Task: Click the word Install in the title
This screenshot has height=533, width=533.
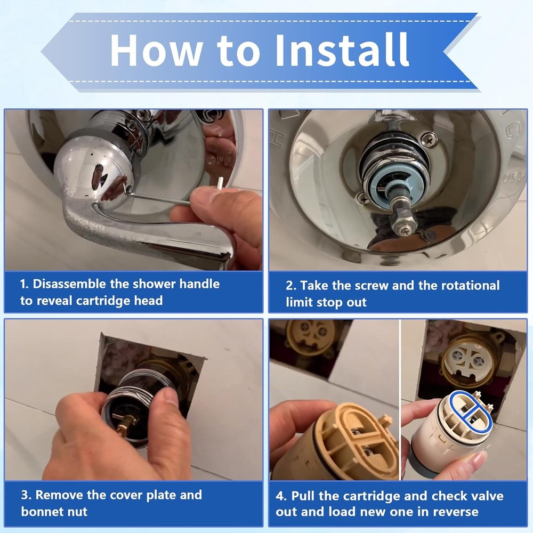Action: coord(342,50)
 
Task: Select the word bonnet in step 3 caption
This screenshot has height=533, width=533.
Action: coord(41,512)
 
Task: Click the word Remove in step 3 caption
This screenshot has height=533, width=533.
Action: coord(59,495)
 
